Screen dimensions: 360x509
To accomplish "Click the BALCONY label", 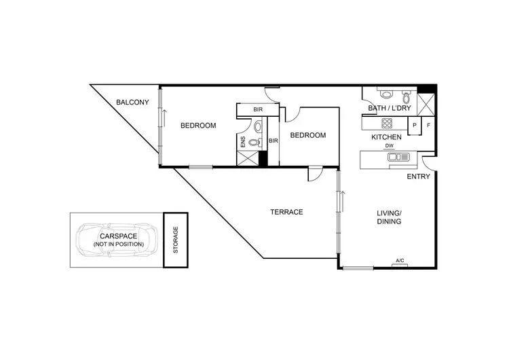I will pos(132,103).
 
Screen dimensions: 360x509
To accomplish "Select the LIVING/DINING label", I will pos(389,217).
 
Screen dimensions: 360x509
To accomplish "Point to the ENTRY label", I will pos(418,177).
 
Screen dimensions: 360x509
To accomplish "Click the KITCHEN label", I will pos(386,137).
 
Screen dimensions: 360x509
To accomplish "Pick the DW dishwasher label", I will pos(390,146).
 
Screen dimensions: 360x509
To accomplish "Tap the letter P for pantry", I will pos(414,125).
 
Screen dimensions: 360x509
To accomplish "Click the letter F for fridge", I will pos(429,125).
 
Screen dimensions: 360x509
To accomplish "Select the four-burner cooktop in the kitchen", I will pos(388,124).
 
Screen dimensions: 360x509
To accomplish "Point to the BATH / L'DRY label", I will pos(388,108).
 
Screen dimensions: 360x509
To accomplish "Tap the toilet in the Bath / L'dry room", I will pos(385,94).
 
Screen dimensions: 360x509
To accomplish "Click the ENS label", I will pos(243,142).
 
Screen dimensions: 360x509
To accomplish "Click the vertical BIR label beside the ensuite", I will pos(273,141).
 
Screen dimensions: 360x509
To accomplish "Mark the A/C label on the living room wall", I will pos(400,261).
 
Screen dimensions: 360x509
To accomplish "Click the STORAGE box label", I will pos(175,240).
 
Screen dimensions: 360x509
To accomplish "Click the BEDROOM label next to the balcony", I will pos(198,126).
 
